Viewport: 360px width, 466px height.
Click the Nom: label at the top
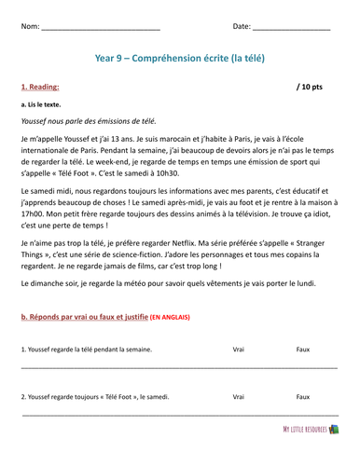(x=29, y=26)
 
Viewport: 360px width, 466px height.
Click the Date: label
(x=242, y=26)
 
